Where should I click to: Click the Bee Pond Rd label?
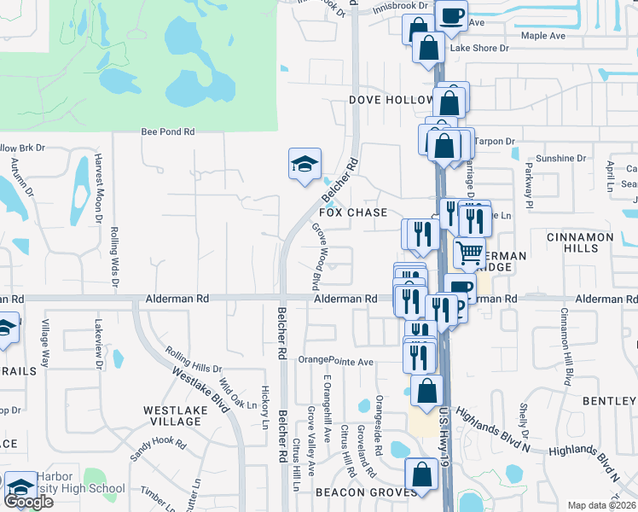[168, 132]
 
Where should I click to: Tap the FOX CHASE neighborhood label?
[353, 212]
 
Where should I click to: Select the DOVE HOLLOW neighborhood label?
[391, 100]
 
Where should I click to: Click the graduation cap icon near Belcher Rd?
[304, 165]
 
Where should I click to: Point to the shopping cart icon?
[468, 253]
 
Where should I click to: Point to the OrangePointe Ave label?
[336, 362]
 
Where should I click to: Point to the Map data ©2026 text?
[601, 505]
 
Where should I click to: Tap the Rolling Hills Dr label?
[193, 360]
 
